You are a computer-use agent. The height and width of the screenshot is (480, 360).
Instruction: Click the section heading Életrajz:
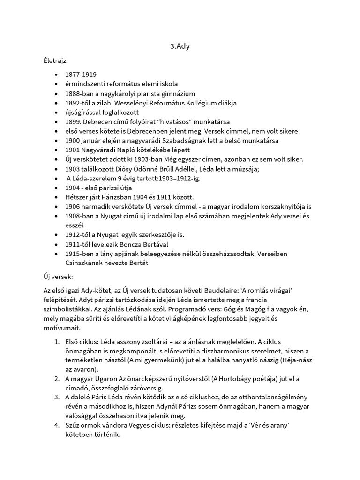(55, 61)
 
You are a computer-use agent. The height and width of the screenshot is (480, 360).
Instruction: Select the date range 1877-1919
(81, 75)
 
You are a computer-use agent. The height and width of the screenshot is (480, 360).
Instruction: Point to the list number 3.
(58, 397)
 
